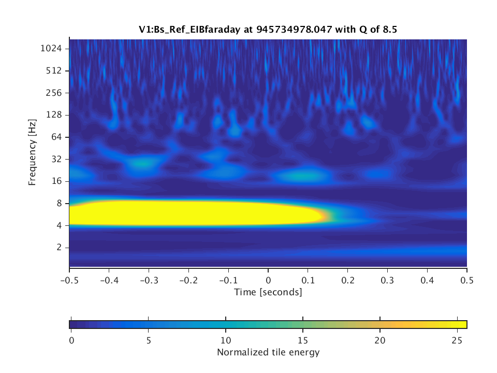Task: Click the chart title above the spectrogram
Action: tap(268, 30)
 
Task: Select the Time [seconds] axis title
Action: tap(268, 292)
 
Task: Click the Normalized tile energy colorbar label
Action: tap(268, 353)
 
